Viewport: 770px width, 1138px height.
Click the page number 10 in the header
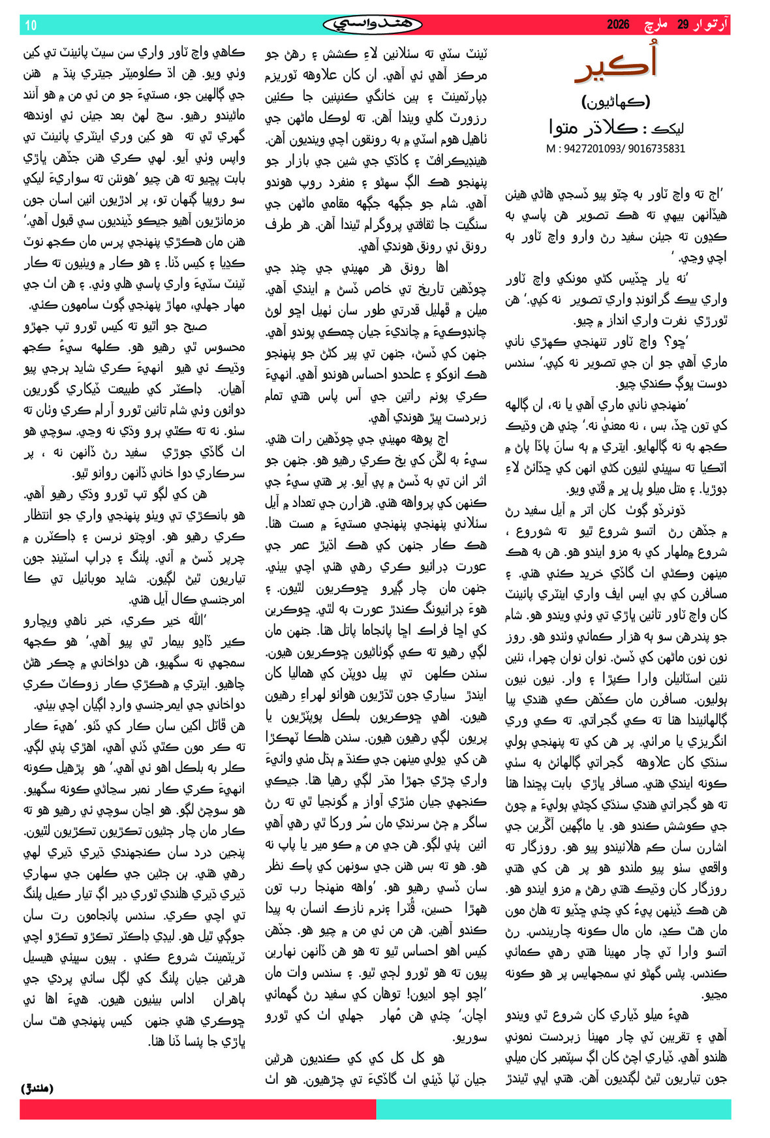(x=31, y=25)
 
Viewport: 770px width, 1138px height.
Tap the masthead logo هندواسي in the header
(x=373, y=25)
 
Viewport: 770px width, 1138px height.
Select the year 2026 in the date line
(x=618, y=25)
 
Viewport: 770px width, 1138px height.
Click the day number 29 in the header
(x=683, y=25)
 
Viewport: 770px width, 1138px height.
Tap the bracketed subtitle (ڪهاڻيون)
(x=615, y=102)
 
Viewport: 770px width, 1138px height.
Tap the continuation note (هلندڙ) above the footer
(x=37, y=1088)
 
